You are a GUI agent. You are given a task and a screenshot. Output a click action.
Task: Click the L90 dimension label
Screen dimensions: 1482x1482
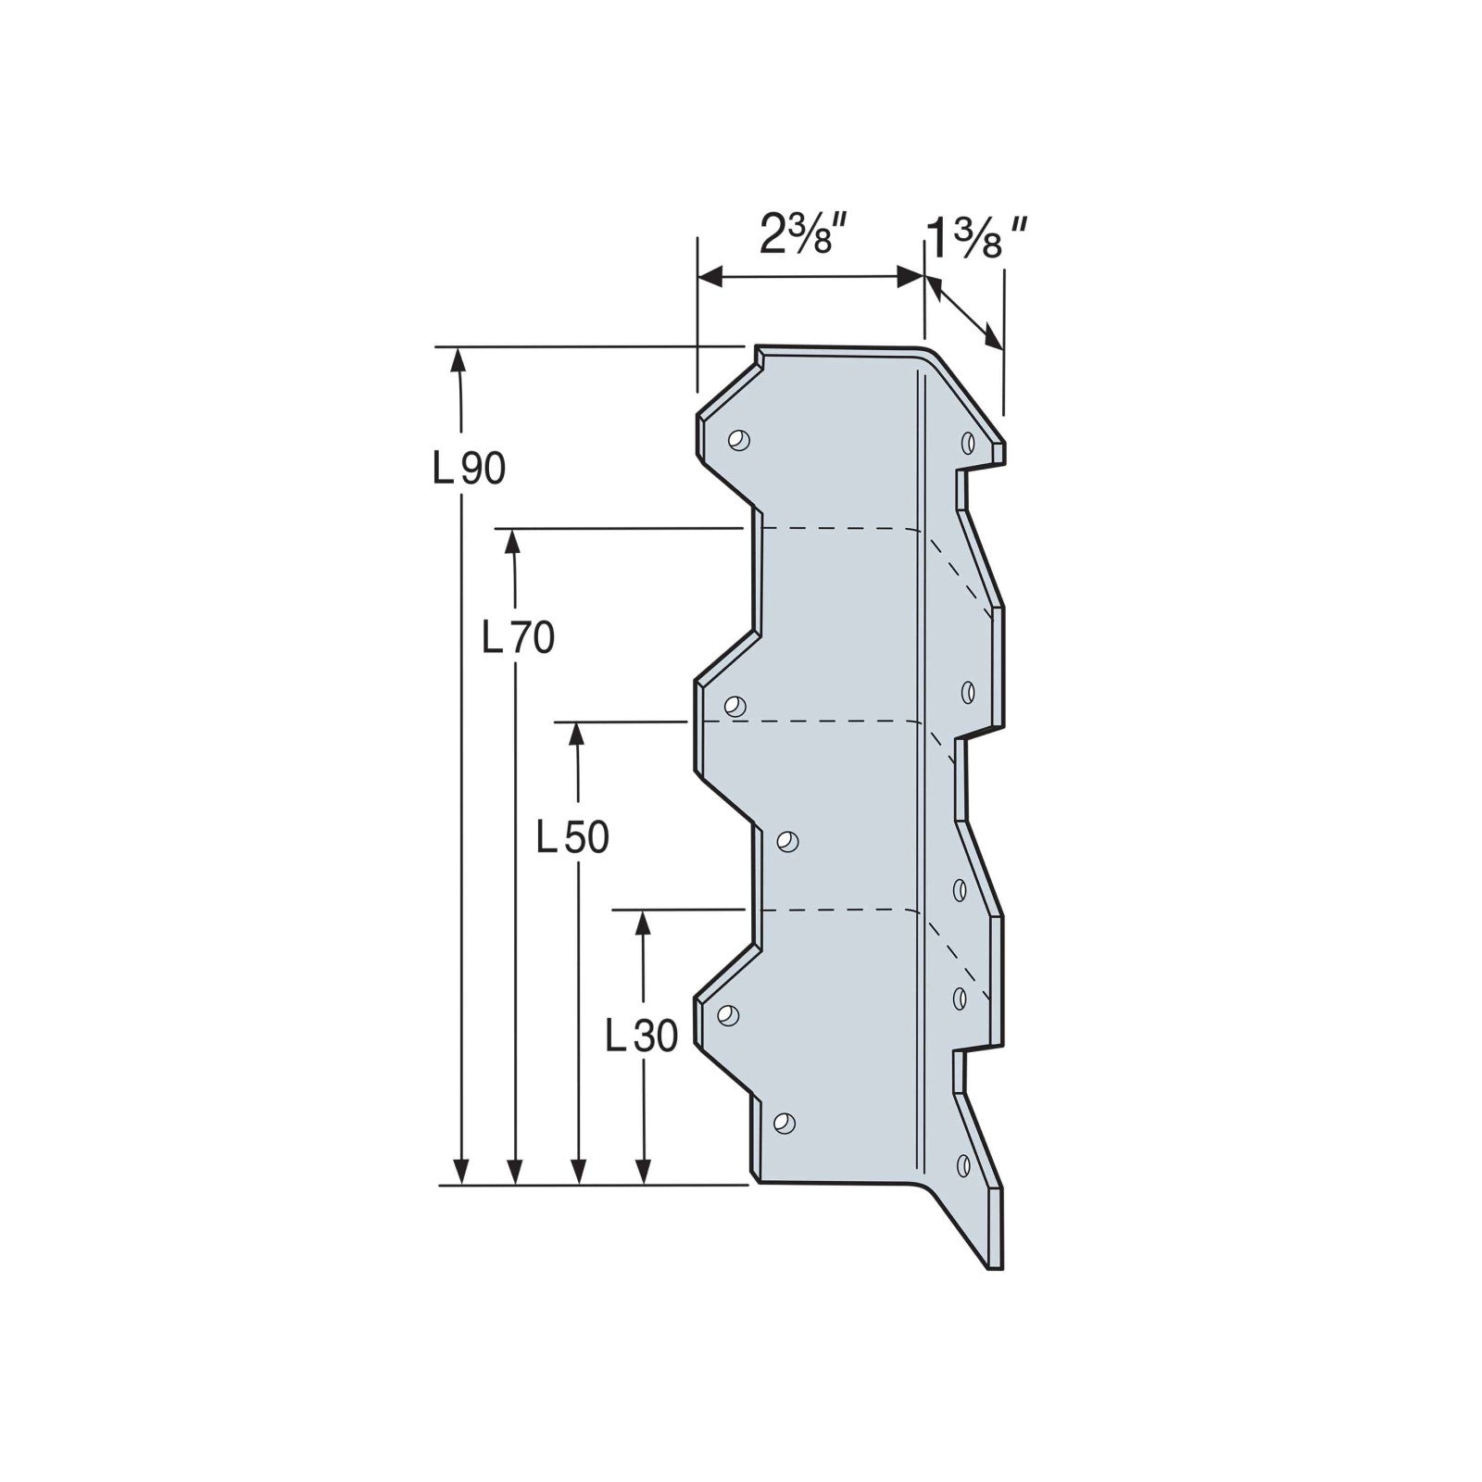[x=470, y=470]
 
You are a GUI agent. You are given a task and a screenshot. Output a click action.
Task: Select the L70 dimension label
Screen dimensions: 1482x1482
[x=519, y=637]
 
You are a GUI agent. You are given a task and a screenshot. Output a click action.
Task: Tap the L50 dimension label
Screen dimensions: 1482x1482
[x=573, y=838]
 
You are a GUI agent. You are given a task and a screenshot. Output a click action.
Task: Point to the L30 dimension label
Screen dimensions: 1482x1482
[x=641, y=1036]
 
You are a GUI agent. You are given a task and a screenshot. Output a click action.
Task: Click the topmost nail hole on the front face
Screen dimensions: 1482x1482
[x=738, y=440]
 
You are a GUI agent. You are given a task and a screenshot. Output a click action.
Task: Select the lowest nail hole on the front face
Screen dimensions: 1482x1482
[x=784, y=1124]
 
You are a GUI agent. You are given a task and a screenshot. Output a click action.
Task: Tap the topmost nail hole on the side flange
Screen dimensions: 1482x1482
[x=967, y=442]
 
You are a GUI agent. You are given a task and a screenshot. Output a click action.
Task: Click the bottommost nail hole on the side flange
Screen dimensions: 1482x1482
[x=963, y=1164]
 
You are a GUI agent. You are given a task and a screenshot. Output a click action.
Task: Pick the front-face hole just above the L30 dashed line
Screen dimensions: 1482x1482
[x=786, y=841]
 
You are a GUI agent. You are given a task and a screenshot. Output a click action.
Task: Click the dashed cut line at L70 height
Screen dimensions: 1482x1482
[x=834, y=529]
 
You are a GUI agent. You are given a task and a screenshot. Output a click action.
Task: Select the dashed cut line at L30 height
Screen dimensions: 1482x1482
[x=834, y=911]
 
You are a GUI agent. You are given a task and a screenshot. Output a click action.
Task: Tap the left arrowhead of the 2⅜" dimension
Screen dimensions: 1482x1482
[x=710, y=276]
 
